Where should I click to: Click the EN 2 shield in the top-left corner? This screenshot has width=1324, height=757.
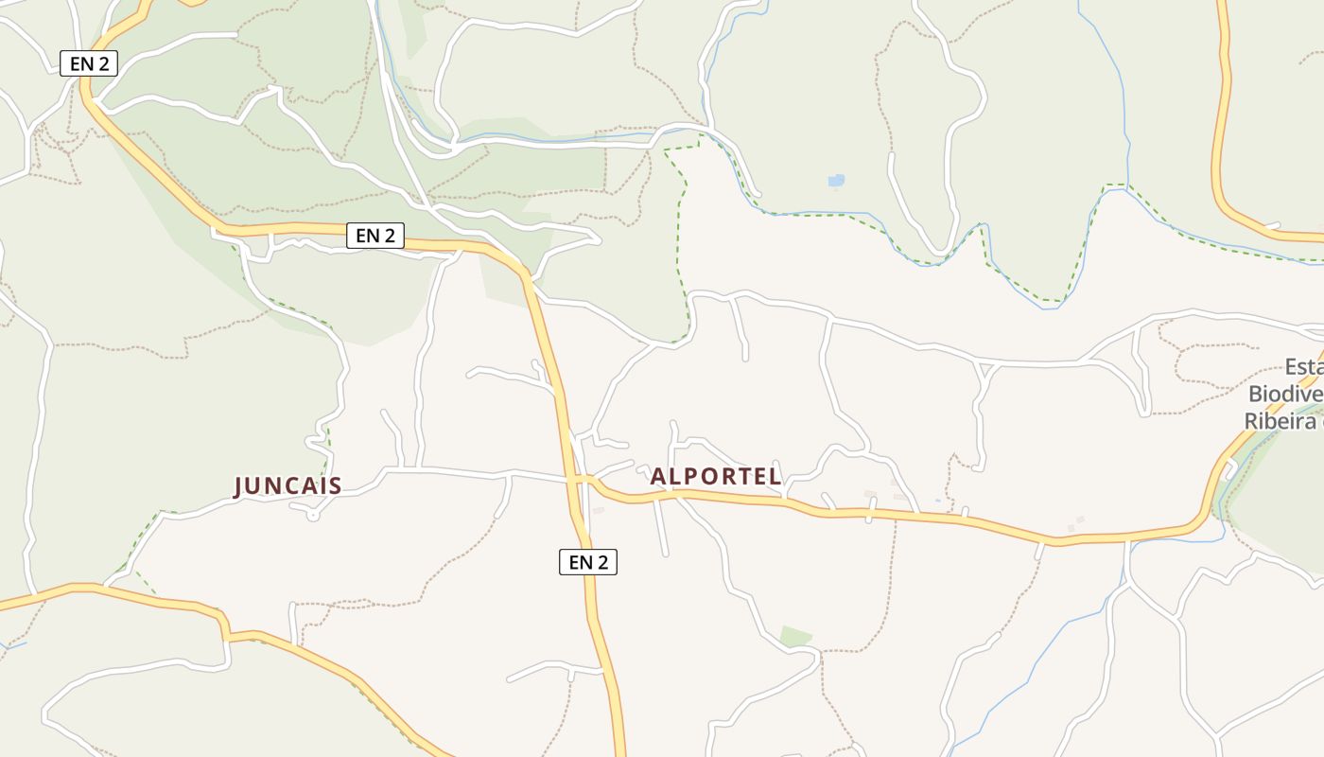pyautogui.click(x=88, y=63)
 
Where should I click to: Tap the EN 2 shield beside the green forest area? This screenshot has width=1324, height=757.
pyautogui.click(x=375, y=236)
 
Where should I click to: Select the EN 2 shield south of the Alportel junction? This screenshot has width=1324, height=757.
pyautogui.click(x=587, y=562)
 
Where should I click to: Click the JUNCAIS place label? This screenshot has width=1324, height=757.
pyautogui.click(x=287, y=486)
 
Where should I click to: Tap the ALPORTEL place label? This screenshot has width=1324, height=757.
pyautogui.click(x=716, y=476)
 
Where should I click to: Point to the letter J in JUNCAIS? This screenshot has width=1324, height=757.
pyautogui.click(x=239, y=486)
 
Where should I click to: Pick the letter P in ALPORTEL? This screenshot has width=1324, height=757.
pyautogui.click(x=694, y=476)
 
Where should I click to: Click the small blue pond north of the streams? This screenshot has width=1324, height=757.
pyautogui.click(x=836, y=180)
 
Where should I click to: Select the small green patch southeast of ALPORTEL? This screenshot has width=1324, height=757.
pyautogui.click(x=795, y=636)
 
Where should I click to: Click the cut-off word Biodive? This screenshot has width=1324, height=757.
pyautogui.click(x=1285, y=394)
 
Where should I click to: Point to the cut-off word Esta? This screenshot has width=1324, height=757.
pyautogui.click(x=1303, y=367)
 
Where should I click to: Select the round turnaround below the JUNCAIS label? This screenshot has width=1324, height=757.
pyautogui.click(x=314, y=514)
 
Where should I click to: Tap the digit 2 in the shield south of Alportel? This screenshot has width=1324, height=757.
pyautogui.click(x=602, y=562)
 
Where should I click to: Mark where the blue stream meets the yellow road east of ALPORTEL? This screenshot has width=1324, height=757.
pyautogui.click(x=1127, y=539)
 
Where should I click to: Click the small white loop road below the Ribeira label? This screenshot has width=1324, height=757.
pyautogui.click(x=1228, y=467)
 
